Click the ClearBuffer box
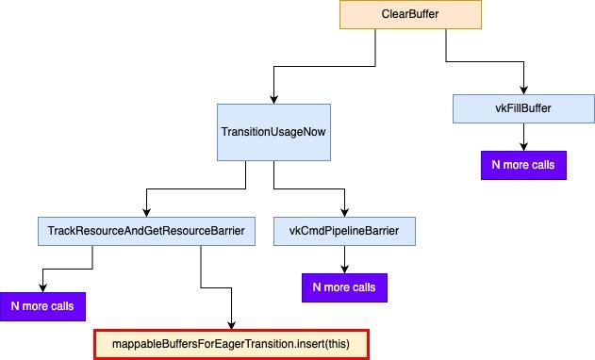pyautogui.click(x=410, y=14)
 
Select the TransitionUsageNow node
pyautogui.click(x=273, y=132)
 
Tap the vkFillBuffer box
pyautogui.click(x=523, y=108)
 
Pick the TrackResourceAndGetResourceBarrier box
pyautogui.click(x=146, y=231)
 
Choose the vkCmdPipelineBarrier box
pyautogui.click(x=344, y=231)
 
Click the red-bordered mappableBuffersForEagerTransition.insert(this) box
pyautogui.click(x=231, y=344)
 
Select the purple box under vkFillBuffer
pyautogui.click(x=523, y=165)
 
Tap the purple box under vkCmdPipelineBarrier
pyautogui.click(x=344, y=287)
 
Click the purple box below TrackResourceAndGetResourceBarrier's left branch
pyautogui.click(x=42, y=306)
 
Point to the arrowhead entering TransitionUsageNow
pyautogui.click(x=273, y=100)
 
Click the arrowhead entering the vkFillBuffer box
pyautogui.click(x=523, y=90)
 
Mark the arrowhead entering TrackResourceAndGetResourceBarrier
pyautogui.click(x=146, y=213)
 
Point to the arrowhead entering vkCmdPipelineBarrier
pyautogui.click(x=344, y=213)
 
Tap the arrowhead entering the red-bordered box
pyautogui.click(x=231, y=325)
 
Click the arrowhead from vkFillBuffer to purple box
pyautogui.click(x=523, y=147)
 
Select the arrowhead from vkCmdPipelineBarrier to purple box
pyautogui.click(x=344, y=270)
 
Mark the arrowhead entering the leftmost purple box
pyautogui.click(x=42, y=288)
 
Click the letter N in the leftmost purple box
pyautogui.click(x=15, y=306)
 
